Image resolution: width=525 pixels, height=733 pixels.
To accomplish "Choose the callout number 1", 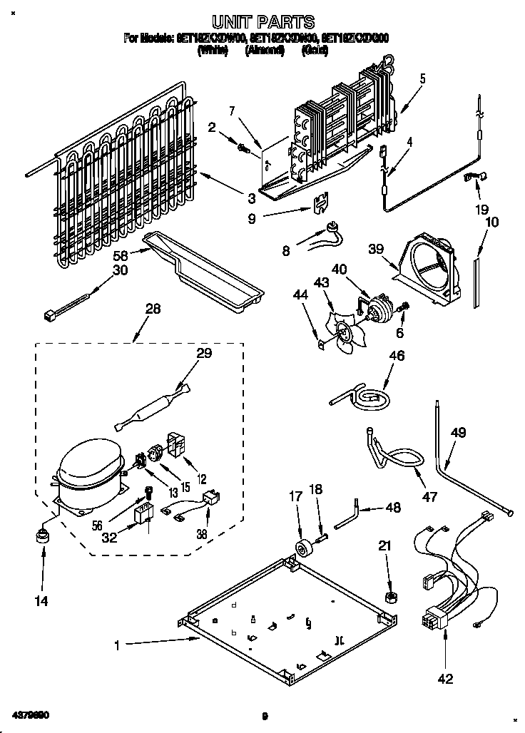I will (x=118, y=646).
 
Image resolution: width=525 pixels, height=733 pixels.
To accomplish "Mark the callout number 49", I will (x=458, y=431).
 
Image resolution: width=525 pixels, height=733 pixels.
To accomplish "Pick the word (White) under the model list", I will (x=213, y=51).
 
